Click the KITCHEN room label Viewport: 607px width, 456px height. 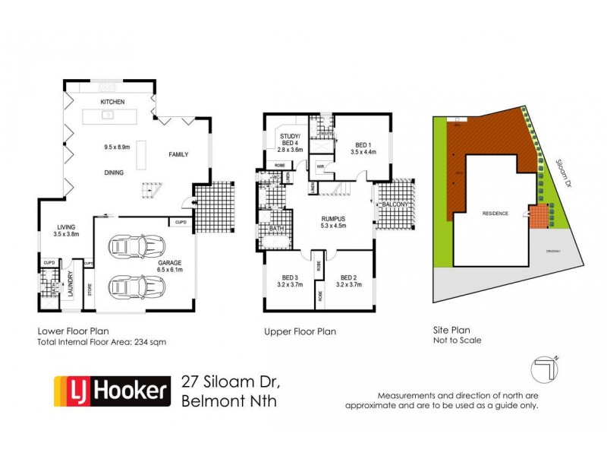[x=112, y=102]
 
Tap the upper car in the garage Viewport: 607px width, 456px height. [x=137, y=245]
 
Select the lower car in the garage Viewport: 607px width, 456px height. [x=137, y=287]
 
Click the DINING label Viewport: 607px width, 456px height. [x=114, y=173]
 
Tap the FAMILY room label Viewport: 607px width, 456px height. [x=178, y=155]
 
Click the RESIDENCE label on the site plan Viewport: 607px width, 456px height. [x=496, y=214]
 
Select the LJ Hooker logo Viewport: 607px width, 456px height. [x=111, y=391]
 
